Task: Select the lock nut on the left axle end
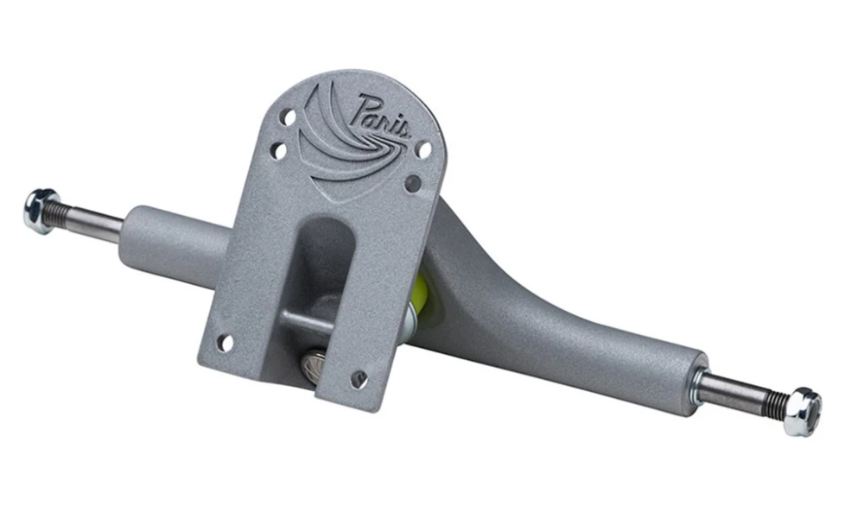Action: pyautogui.click(x=41, y=210)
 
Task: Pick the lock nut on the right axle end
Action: pyautogui.click(x=803, y=411)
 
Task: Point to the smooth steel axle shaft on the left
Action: pyautogui.click(x=97, y=220)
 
